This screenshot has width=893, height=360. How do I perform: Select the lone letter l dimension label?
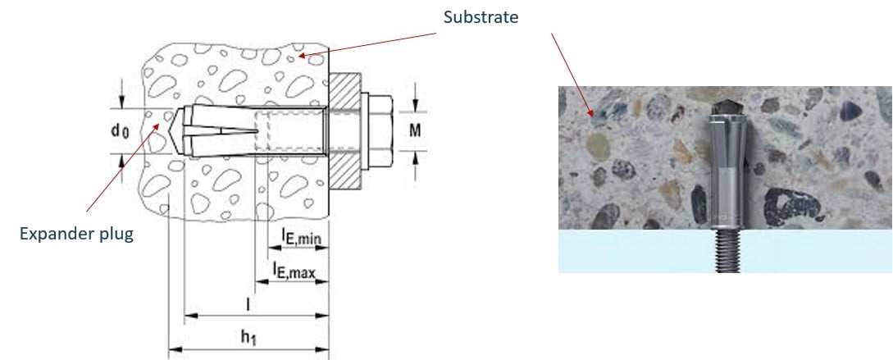(249, 303)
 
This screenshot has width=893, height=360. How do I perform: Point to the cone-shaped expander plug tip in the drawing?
(184, 130)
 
